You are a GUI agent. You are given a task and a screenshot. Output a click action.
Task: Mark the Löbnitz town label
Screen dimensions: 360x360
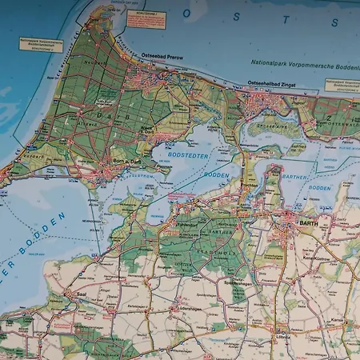click(x=283, y=337)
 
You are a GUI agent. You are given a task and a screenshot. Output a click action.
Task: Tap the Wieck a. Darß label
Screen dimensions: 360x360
click(x=147, y=127)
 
